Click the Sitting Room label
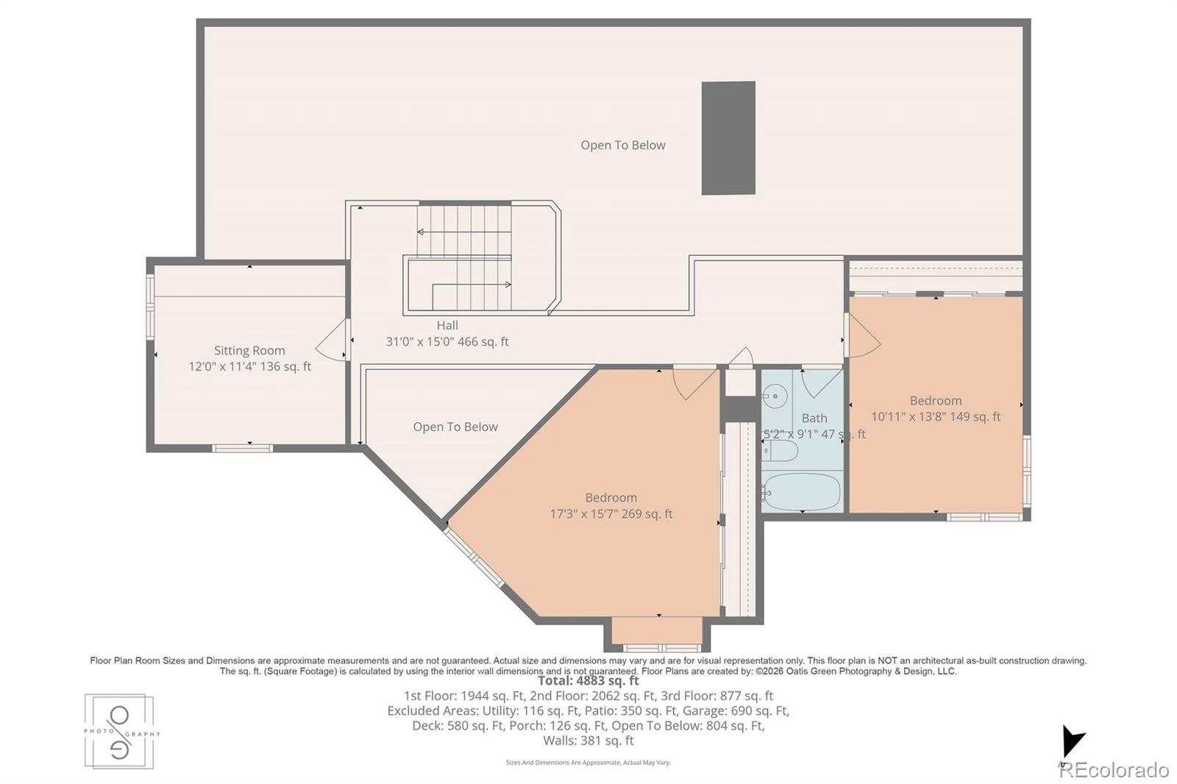pyautogui.click(x=249, y=351)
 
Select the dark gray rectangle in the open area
pyautogui.click(x=728, y=138)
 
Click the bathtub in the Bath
pyautogui.click(x=802, y=491)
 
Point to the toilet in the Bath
pyautogui.click(x=779, y=451)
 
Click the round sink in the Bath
pyautogui.click(x=775, y=397)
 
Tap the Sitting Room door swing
pyautogui.click(x=333, y=339)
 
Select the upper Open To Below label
pyautogui.click(x=623, y=146)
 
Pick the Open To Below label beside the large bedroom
pyautogui.click(x=455, y=427)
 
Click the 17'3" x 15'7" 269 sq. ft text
pyautogui.click(x=611, y=514)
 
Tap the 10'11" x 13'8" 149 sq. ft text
pyautogui.click(x=936, y=416)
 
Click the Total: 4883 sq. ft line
pyautogui.click(x=588, y=681)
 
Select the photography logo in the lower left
pyautogui.click(x=120, y=732)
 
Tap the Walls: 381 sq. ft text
pyautogui.click(x=588, y=741)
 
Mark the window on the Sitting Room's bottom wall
pyautogui.click(x=243, y=447)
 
